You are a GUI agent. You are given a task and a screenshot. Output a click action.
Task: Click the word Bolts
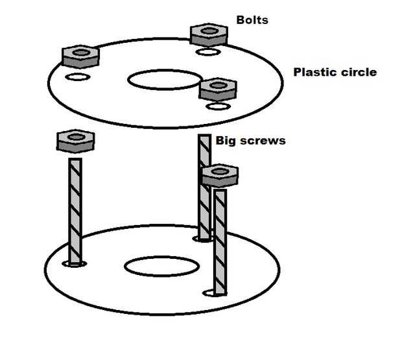coord(252,20)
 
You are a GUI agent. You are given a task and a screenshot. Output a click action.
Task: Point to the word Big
coord(225,141)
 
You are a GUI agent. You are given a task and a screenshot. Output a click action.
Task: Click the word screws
coord(263,141)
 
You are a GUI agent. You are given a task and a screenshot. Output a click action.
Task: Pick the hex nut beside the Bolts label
coord(209,35)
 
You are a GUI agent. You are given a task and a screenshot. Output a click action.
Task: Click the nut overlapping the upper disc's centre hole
coord(218,89)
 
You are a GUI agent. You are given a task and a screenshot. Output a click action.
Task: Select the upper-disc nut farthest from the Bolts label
coord(80,56)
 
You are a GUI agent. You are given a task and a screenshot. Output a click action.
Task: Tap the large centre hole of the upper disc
coord(165,80)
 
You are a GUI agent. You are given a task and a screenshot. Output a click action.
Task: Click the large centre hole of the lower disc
coord(162,267)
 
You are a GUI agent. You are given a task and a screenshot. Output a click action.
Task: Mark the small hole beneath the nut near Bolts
coord(208,52)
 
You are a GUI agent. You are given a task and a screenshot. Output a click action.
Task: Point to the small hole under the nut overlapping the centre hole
coord(218,106)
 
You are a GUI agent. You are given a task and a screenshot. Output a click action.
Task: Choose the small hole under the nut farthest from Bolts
coord(78,77)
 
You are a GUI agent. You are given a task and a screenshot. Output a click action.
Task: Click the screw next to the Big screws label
coord(205,187)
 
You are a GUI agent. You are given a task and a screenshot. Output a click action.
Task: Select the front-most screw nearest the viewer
coord(220,243)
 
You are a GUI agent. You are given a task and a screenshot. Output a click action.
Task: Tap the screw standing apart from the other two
coord(75,211)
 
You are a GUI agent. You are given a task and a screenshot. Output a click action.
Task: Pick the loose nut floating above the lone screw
coord(76,141)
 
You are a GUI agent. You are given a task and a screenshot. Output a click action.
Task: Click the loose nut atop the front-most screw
coord(220,175)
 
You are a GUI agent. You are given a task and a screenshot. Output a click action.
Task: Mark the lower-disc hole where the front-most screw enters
coord(215,293)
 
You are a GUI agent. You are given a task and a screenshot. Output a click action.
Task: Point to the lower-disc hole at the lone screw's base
coord(75,263)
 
